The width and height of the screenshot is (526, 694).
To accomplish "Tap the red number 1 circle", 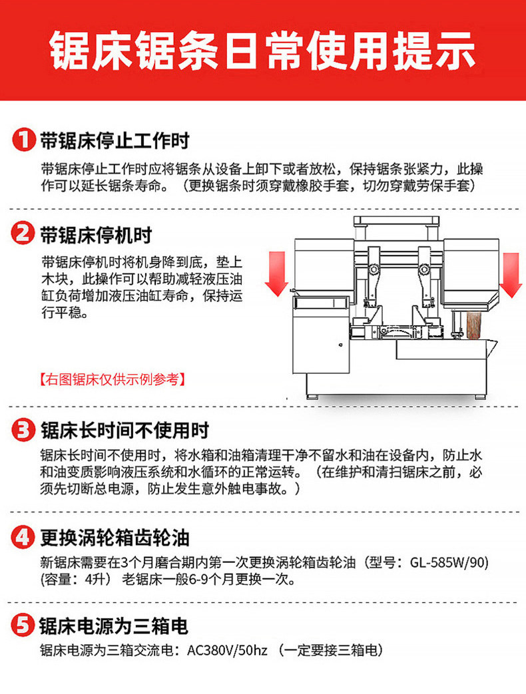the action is point(23,140).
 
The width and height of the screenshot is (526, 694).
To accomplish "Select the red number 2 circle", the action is point(23,234).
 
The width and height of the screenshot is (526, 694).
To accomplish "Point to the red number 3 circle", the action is point(23,430).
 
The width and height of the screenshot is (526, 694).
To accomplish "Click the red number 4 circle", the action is point(23,536).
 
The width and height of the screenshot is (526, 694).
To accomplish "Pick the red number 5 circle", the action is point(23,625).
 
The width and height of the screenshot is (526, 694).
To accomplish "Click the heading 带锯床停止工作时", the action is point(115,140).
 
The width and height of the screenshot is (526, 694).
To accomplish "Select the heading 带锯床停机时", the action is point(96,234).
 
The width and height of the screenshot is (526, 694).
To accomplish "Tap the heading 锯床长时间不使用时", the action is point(125,430).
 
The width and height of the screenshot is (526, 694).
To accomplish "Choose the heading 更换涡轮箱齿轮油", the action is point(115,536).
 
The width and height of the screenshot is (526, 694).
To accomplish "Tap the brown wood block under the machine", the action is point(473,325).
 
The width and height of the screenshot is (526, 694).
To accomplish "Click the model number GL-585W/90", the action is point(449,563).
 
